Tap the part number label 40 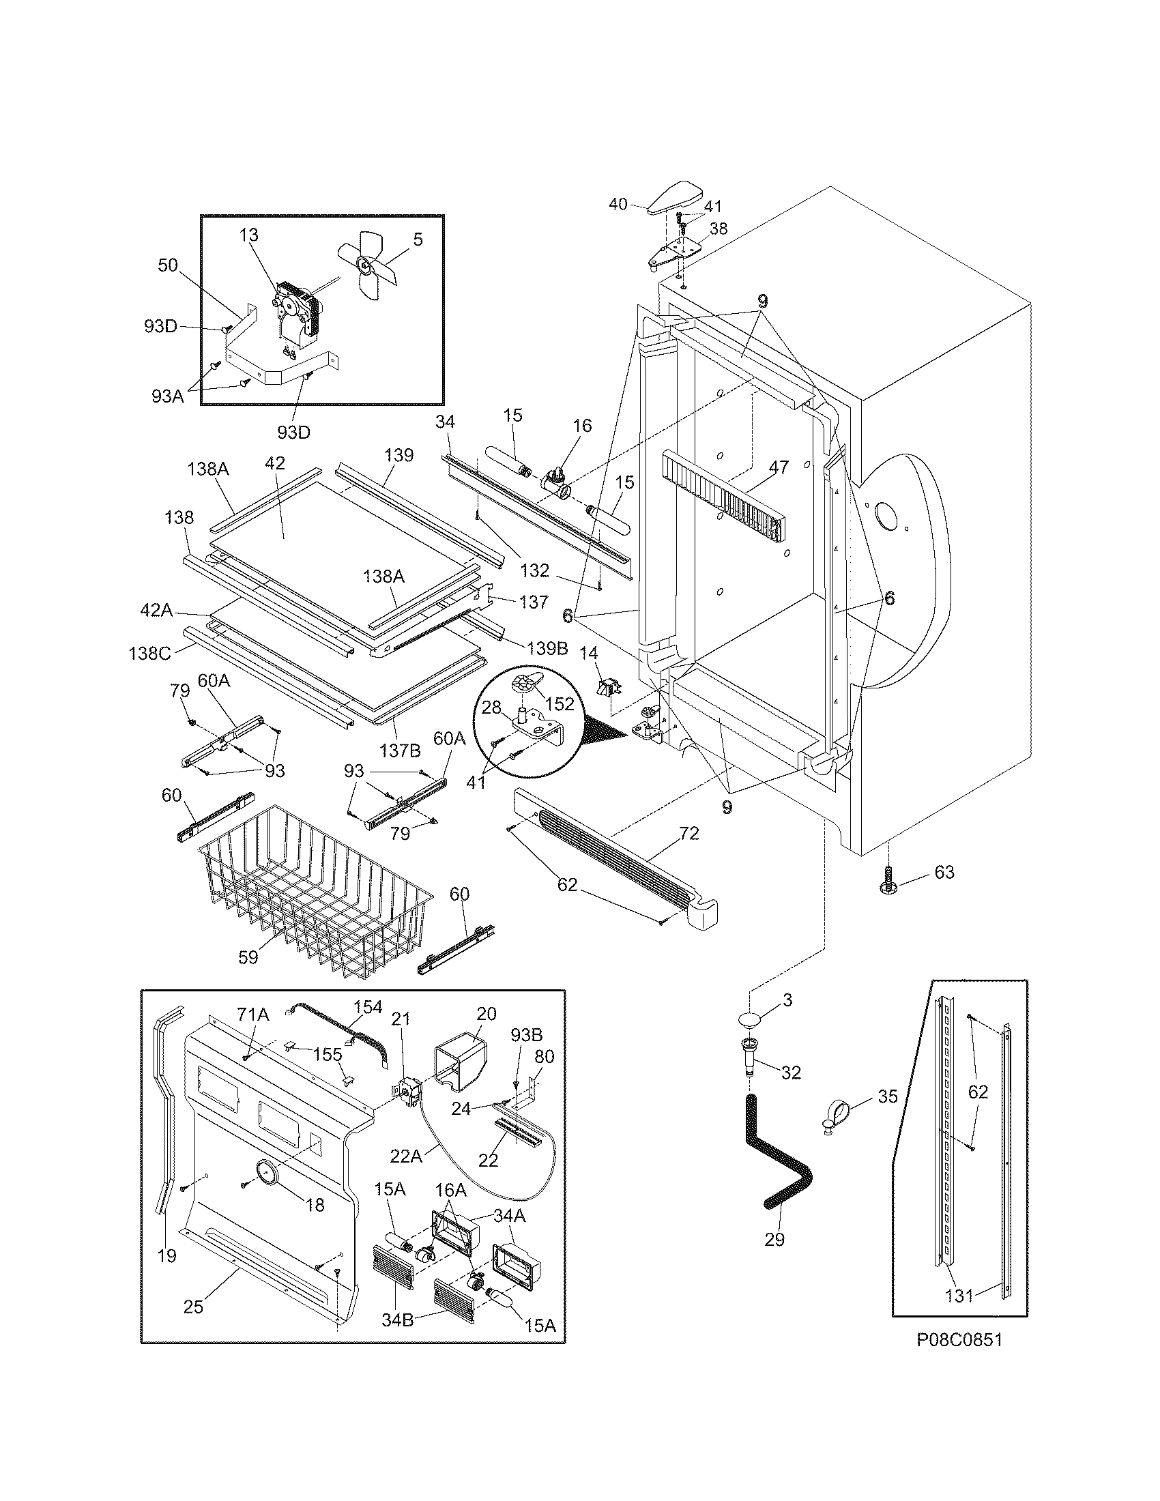pyautogui.click(x=618, y=203)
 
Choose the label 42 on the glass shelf pyautogui.click(x=274, y=463)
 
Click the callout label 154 pyautogui.click(x=368, y=1007)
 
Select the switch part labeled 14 pyautogui.click(x=608, y=688)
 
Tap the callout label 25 pyautogui.click(x=193, y=1307)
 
